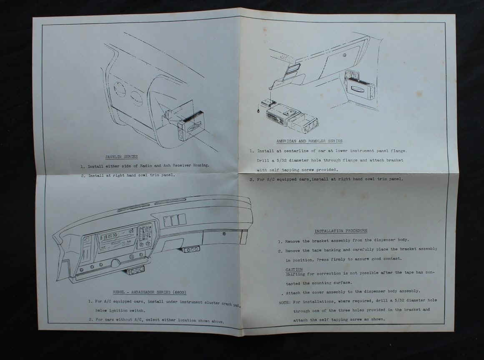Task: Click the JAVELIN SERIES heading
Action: point(121,157)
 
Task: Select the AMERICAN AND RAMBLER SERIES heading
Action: point(309,141)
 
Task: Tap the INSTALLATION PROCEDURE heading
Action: point(341,231)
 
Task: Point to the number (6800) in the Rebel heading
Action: point(179,292)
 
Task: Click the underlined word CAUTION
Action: point(294,269)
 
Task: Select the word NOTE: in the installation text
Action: point(285,302)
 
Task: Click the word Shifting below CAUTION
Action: point(295,274)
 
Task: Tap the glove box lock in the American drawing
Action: point(345,55)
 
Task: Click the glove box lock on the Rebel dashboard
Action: point(224,234)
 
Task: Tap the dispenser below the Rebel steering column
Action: point(134,271)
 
